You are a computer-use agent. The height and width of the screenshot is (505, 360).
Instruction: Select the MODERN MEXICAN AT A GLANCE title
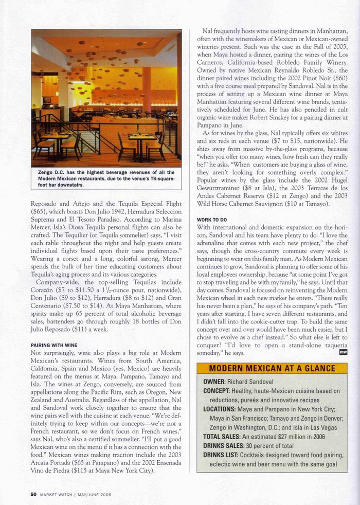pos(272,369)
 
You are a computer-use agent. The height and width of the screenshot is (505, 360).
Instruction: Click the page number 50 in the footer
pos(33,495)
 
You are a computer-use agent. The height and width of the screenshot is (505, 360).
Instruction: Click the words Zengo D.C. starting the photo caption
pos(51,173)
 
